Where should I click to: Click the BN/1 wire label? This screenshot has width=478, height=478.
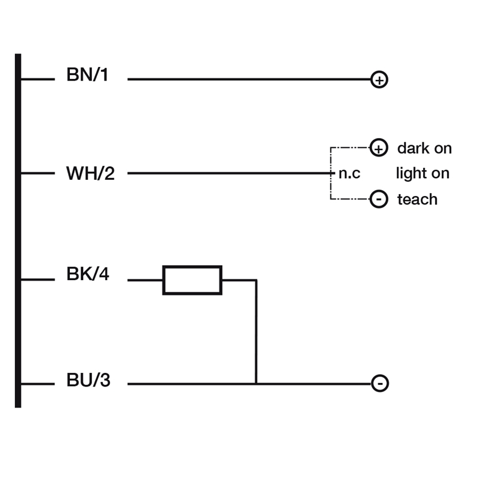click(x=87, y=76)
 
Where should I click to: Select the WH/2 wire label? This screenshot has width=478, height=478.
click(x=90, y=174)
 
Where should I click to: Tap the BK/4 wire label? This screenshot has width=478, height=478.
click(x=88, y=276)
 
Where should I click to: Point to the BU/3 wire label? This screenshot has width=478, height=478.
click(x=88, y=381)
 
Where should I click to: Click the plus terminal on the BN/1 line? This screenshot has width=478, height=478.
click(x=379, y=79)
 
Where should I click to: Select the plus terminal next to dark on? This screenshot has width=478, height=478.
click(x=379, y=148)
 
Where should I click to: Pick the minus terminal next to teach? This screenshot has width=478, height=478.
click(x=379, y=200)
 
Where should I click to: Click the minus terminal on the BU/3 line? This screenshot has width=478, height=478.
click(x=380, y=384)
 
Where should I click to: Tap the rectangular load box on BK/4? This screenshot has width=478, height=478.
click(x=192, y=280)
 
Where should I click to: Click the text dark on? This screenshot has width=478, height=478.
click(x=424, y=148)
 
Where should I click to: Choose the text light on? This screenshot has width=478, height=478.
click(x=422, y=174)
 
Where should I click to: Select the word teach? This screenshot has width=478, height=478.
click(x=417, y=200)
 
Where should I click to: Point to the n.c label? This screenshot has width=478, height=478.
click(x=350, y=174)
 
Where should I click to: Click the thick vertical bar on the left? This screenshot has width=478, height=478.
click(x=18, y=231)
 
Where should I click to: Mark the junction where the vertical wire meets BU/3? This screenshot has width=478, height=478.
click(x=256, y=384)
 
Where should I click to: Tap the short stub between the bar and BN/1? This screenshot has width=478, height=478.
click(x=38, y=79)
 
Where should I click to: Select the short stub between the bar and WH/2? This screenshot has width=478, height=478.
click(x=38, y=173)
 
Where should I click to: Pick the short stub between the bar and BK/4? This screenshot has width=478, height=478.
click(x=38, y=279)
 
